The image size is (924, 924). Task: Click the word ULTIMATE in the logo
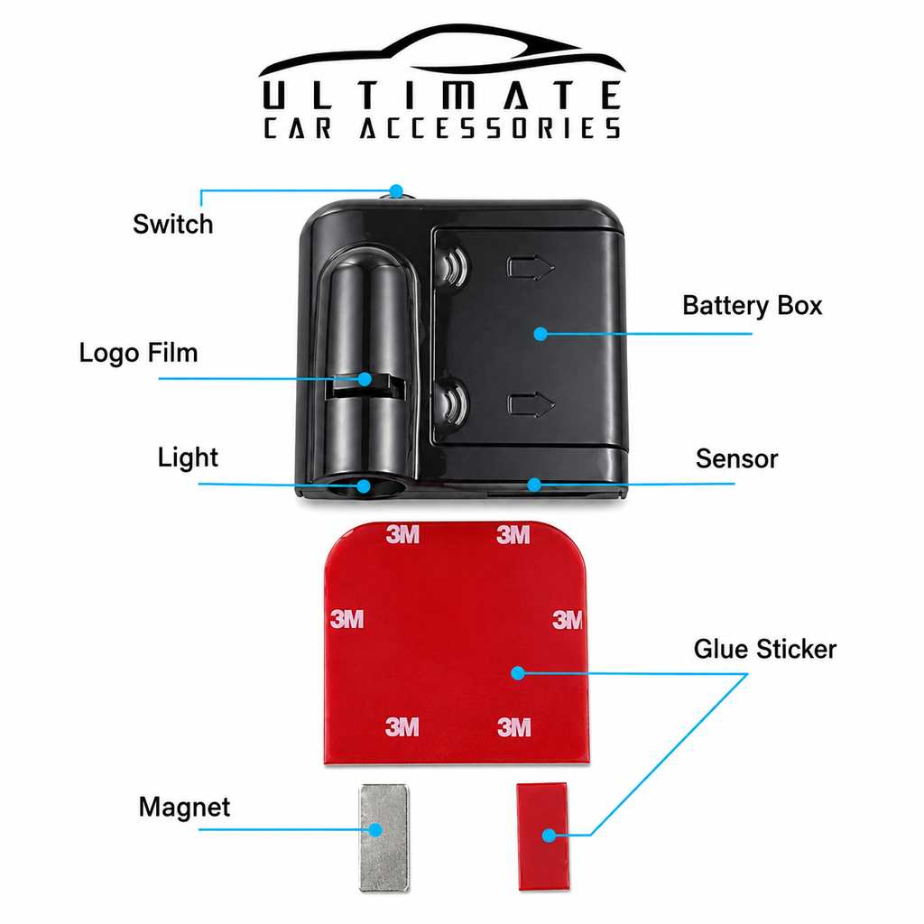coord(441,95)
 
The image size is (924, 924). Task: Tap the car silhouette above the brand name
coord(441,51)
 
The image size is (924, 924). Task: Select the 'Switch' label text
coord(172,224)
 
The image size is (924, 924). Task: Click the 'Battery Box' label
coord(752,306)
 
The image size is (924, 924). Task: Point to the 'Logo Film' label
coord(138,353)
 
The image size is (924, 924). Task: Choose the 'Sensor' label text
coord(736,459)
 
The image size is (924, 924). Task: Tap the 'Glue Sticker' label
coord(765,650)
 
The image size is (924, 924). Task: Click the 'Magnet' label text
coord(184,808)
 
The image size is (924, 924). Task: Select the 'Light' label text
coord(188,457)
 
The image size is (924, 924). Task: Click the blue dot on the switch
coord(397,191)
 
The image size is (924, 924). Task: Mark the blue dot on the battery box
coord(541,334)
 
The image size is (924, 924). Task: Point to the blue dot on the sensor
coord(534,485)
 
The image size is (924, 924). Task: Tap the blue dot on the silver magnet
coord(374,830)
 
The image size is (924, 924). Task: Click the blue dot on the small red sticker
coord(549,835)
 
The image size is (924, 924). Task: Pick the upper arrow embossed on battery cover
coord(531,267)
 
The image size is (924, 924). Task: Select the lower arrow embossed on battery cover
coord(531,405)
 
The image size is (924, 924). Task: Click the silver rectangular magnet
coord(383,837)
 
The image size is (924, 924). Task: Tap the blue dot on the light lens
coord(364,486)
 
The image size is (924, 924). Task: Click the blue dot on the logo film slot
coord(365,379)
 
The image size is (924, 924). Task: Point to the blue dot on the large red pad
coord(517,672)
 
